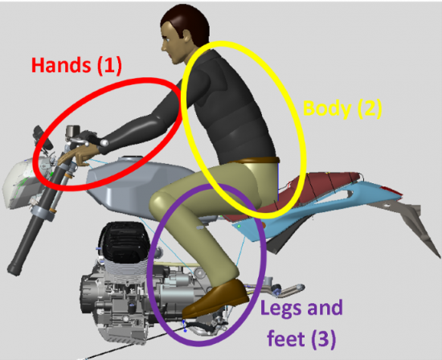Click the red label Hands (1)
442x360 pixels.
(76, 66)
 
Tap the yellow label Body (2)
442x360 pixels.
(342, 108)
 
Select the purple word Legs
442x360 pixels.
(284, 308)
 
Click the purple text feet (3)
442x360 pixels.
(301, 338)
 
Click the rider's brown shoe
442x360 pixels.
(215, 299)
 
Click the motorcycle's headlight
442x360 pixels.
(21, 183)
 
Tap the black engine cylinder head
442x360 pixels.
(124, 240)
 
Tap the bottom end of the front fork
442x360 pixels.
(14, 269)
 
